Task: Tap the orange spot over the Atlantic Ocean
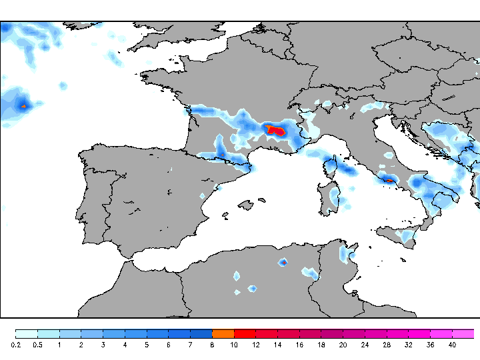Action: point(23,105)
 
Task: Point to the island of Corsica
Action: point(330,169)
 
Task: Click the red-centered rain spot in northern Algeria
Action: point(283,262)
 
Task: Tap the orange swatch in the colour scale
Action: point(223,333)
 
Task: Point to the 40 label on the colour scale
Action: point(452,345)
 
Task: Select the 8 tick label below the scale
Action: point(212,345)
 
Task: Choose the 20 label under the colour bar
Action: point(343,345)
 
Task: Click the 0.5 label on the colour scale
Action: point(38,345)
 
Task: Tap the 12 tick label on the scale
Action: point(255,345)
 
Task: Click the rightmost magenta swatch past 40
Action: point(463,333)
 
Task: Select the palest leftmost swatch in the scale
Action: point(27,333)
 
